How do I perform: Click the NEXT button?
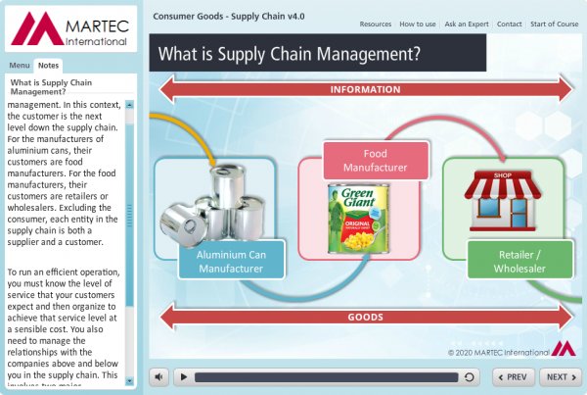click(560, 376)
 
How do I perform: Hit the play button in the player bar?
click(182, 376)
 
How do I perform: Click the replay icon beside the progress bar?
click(470, 376)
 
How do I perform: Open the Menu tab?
click(20, 65)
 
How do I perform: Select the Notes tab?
click(48, 65)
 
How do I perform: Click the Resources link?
click(376, 24)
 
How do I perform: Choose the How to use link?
click(418, 24)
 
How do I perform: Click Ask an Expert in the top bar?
click(467, 24)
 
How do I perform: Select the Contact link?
click(509, 24)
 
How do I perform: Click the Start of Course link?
click(554, 24)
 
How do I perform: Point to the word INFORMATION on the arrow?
click(365, 90)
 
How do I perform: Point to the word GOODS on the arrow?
click(365, 318)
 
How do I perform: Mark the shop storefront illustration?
click(502, 196)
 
